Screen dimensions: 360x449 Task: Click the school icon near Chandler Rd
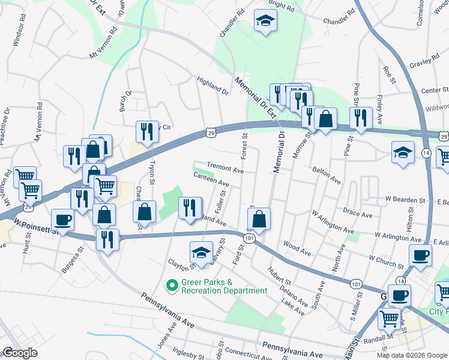click(263, 22)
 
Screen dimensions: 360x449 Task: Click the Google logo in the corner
click(20, 353)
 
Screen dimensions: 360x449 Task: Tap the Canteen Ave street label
click(211, 179)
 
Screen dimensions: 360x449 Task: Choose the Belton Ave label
click(327, 175)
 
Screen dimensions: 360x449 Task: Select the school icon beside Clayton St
click(201, 253)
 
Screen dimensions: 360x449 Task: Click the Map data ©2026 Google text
click(411, 355)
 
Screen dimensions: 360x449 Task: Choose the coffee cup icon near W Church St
click(420, 254)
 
